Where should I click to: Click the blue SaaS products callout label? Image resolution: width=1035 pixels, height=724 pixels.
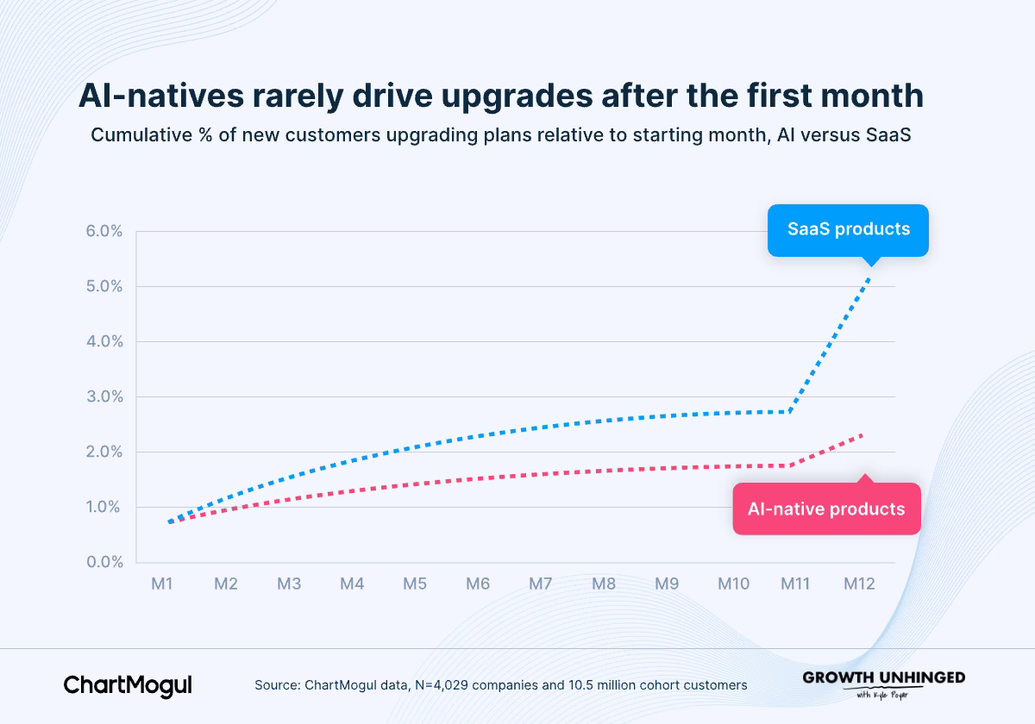click(848, 230)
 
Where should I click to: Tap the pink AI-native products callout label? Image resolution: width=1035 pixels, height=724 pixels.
click(826, 509)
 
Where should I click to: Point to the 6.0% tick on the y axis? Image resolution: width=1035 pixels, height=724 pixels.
click(104, 231)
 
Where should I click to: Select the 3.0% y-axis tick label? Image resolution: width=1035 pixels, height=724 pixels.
click(104, 396)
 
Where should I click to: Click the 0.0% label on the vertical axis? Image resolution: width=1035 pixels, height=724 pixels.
click(104, 562)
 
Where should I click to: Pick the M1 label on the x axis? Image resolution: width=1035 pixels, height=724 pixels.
click(162, 584)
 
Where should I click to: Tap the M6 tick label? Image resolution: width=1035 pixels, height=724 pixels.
click(477, 584)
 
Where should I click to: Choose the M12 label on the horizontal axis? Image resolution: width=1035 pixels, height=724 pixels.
click(859, 584)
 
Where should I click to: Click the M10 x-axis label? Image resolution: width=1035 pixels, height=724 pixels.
click(733, 584)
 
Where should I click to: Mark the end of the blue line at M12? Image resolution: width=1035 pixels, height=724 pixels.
click(869, 278)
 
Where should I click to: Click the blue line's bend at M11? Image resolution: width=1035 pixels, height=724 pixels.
click(791, 411)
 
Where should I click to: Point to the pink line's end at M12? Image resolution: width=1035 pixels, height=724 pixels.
click(862, 434)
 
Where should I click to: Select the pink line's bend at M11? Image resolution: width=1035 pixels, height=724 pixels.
click(791, 465)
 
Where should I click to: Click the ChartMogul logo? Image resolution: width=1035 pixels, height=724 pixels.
click(128, 686)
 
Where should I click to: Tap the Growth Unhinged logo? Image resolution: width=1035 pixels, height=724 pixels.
click(883, 684)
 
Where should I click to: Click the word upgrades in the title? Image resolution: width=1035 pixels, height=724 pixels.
click(517, 97)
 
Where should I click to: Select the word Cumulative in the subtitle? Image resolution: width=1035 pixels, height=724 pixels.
click(141, 134)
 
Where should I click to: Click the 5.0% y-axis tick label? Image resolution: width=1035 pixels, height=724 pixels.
click(104, 286)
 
